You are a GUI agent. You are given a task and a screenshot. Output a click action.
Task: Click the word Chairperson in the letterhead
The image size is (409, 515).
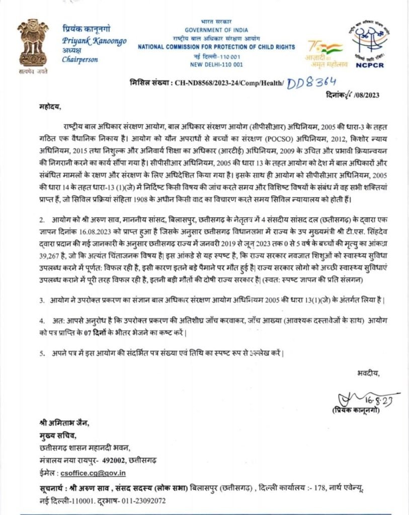pyautogui.click(x=80, y=59)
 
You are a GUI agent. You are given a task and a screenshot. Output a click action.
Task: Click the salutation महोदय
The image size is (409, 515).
pyautogui.click(x=50, y=107)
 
